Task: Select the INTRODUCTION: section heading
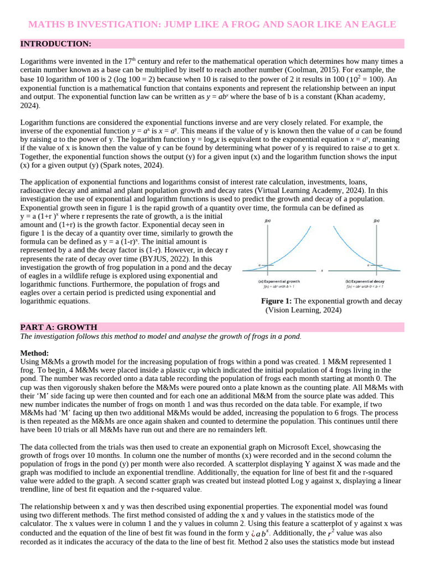click(x=55, y=44)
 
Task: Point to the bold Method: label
click(x=34, y=353)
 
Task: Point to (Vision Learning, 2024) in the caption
click(x=303, y=310)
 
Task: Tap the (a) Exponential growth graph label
click(x=279, y=281)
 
